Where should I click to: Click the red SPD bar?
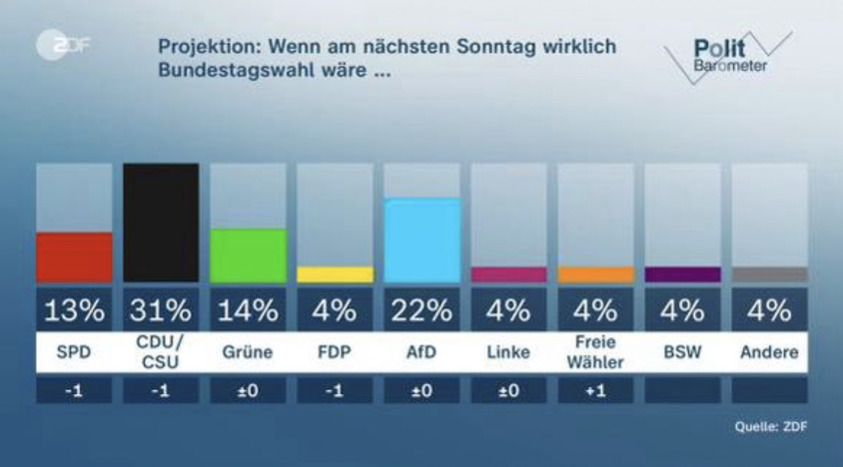[x=74, y=258]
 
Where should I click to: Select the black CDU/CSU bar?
[x=161, y=223]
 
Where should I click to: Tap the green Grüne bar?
[x=248, y=256]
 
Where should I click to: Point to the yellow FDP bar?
[x=335, y=275]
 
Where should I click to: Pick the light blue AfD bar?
[x=422, y=241]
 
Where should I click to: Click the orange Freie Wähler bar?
[x=595, y=275]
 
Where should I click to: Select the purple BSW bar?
[x=682, y=275]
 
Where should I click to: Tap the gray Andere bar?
[x=769, y=275]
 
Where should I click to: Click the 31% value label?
[x=161, y=311]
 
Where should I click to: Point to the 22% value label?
[x=422, y=311]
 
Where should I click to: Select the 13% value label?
[x=74, y=311]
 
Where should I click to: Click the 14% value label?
[x=248, y=311]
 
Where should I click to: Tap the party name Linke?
[x=508, y=353]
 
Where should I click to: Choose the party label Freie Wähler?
[x=595, y=353]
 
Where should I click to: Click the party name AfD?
[x=422, y=353]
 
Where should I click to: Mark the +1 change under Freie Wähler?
[x=595, y=391]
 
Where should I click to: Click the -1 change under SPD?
[x=74, y=391]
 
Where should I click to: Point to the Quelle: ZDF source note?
[x=771, y=427]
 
